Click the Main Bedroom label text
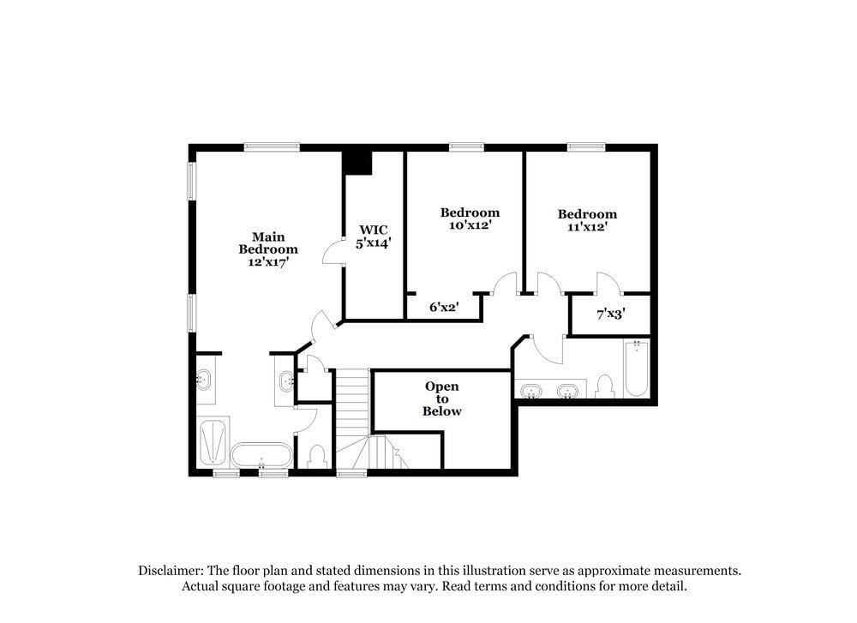[x=268, y=243]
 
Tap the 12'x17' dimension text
[x=268, y=262]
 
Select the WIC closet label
[x=374, y=230]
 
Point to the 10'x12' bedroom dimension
[x=470, y=225]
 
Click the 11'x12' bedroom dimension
[x=587, y=227]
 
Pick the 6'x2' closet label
[x=443, y=307]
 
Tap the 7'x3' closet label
[x=610, y=314]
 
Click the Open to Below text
[x=442, y=398]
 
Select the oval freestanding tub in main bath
[x=261, y=454]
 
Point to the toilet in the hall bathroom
[x=605, y=387]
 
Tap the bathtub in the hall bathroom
[x=636, y=369]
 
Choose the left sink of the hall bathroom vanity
[x=531, y=392]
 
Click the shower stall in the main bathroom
[x=213, y=441]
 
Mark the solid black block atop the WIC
[x=357, y=162]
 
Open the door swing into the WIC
[x=333, y=253]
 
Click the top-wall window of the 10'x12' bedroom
[x=466, y=147]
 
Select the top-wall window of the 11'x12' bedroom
[x=586, y=147]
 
